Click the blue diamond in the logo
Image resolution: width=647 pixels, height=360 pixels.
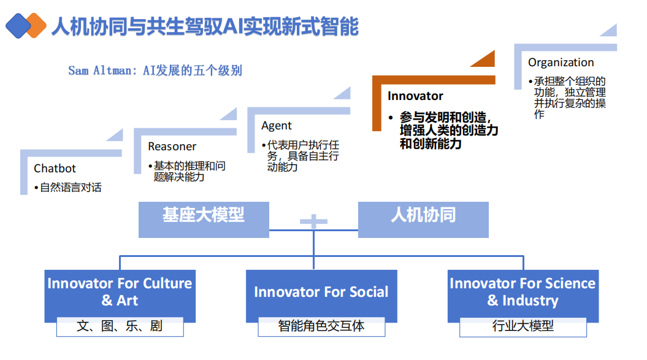click(x=18, y=26)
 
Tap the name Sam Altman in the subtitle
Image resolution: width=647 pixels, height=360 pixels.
click(x=99, y=71)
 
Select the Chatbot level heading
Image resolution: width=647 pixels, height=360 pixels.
click(x=55, y=168)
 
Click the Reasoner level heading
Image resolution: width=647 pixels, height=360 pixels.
click(x=172, y=147)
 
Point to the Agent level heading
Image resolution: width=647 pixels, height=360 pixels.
click(x=277, y=125)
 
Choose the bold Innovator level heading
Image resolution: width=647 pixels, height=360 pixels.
click(x=415, y=96)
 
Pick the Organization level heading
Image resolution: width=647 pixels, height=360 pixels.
click(x=561, y=62)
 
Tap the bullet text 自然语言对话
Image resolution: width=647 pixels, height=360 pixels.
click(x=71, y=188)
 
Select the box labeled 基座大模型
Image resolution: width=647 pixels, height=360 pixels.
click(x=204, y=215)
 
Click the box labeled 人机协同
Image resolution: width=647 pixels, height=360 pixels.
click(x=423, y=215)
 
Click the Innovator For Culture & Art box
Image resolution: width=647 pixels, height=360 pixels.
click(x=120, y=292)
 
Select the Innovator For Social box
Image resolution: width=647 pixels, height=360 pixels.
click(x=321, y=292)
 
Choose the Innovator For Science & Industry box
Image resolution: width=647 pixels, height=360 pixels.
click(x=523, y=292)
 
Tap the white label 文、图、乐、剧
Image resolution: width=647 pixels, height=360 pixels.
click(x=120, y=326)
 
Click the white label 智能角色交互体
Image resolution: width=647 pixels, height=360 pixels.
click(x=321, y=326)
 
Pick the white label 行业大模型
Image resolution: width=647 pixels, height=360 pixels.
click(x=523, y=326)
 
